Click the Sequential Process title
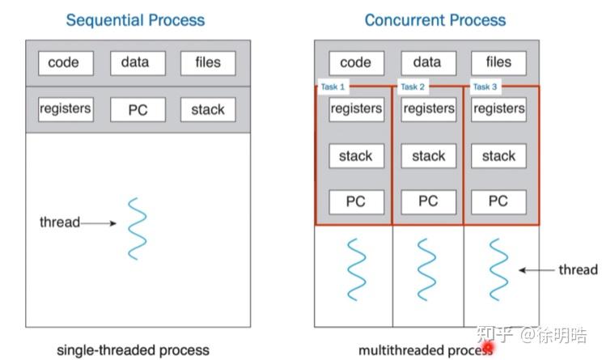point(135,19)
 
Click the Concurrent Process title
point(435,19)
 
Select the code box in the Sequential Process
point(64,63)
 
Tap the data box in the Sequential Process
point(135,63)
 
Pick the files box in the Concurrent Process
point(498,62)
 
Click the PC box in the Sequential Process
point(138,110)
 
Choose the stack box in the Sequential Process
point(208,110)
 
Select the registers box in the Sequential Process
point(65,109)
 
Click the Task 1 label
point(331,87)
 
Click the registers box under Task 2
point(428,109)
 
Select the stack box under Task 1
point(356,156)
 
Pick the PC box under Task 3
point(498,201)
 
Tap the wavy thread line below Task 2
point(428,269)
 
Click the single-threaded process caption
point(133,350)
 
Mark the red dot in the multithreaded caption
point(488,349)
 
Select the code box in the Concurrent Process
point(355,62)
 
